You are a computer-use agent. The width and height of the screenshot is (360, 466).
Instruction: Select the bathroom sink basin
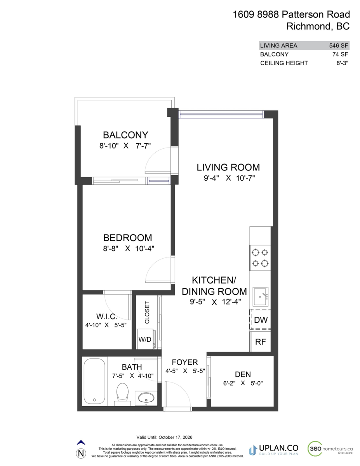coord(146,397)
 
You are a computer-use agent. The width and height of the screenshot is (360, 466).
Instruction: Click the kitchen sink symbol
coord(260,297)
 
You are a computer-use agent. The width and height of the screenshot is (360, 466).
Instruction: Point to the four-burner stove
coord(260,258)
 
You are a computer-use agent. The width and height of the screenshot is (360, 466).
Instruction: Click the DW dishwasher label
coord(261,320)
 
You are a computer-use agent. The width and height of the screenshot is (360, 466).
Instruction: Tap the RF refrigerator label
coord(261,342)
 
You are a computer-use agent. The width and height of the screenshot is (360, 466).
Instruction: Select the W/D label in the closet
coord(145,339)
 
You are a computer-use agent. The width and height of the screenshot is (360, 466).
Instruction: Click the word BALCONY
coord(125,135)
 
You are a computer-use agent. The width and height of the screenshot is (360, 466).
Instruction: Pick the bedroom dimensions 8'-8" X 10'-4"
coord(127,249)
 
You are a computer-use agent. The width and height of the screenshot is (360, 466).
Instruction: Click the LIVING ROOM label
coord(228,167)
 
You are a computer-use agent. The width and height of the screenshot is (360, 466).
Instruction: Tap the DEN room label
coord(243,374)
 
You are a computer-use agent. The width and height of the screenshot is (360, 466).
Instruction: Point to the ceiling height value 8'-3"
coord(341,63)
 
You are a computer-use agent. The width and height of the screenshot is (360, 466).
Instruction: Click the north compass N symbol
coord(81,453)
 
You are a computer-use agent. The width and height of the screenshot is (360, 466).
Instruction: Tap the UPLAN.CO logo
coord(274,449)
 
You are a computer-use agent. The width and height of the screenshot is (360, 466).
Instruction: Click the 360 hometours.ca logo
coord(330,449)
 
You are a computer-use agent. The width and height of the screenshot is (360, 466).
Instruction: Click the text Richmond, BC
coord(318,26)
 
